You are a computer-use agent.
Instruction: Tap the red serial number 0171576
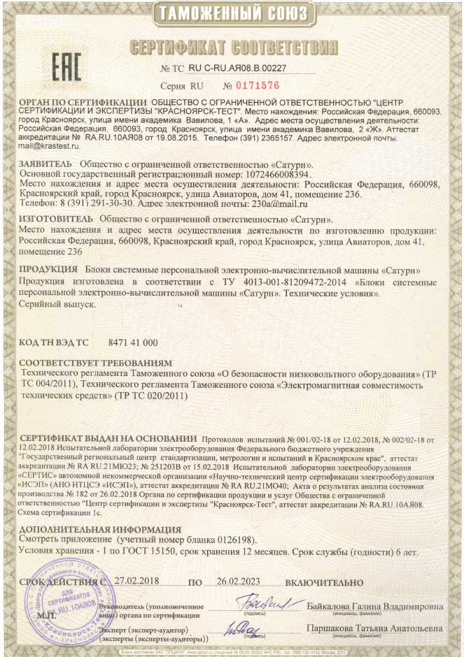pos(256,85)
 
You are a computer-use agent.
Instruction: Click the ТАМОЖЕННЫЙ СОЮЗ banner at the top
pos(231,13)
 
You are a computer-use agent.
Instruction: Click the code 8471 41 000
pos(134,342)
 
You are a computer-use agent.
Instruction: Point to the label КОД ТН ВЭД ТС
pos(54,342)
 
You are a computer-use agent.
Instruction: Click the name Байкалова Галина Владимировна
pos(374,605)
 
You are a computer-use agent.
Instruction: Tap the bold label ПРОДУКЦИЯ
pos(47,270)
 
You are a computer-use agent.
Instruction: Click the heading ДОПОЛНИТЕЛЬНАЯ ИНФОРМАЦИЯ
pos(99,529)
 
